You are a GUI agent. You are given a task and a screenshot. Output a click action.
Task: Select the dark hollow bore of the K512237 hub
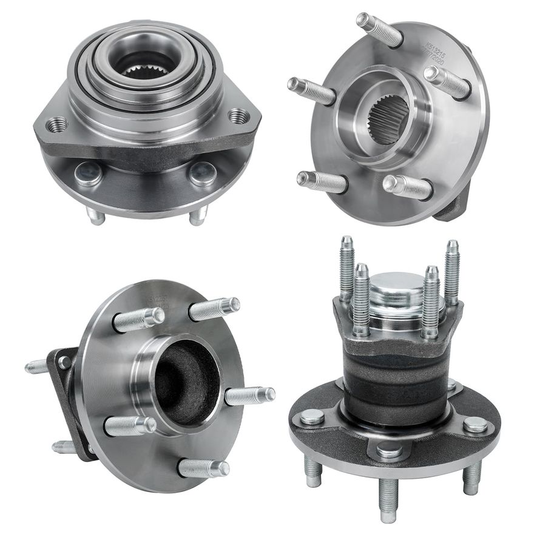click(186, 382)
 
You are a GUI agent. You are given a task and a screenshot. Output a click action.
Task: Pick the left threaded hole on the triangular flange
click(56, 125)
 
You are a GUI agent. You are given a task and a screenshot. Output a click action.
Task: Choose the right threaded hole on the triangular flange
click(237, 115)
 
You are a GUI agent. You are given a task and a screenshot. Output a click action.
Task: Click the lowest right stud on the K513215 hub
click(408, 186)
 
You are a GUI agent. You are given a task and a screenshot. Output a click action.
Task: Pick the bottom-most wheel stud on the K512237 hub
click(203, 468)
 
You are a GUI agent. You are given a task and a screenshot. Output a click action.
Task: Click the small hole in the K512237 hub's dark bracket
click(64, 362)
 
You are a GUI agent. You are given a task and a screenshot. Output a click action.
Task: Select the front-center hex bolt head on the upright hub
click(389, 451)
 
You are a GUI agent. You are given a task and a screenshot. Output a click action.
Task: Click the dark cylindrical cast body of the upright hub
click(394, 376)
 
